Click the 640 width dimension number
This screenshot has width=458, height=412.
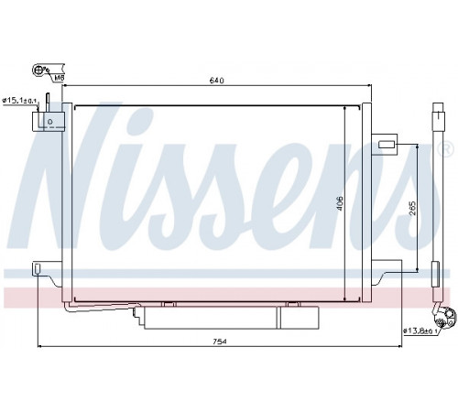(x=217, y=81)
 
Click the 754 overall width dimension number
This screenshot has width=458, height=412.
(x=220, y=342)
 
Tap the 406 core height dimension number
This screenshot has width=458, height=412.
(x=340, y=203)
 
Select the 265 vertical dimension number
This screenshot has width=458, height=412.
(x=412, y=208)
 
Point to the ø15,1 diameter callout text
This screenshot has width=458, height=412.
(x=19, y=100)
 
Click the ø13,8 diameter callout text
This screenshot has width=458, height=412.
(x=420, y=331)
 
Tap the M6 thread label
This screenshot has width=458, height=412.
(x=59, y=78)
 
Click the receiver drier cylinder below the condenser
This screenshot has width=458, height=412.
(x=231, y=318)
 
